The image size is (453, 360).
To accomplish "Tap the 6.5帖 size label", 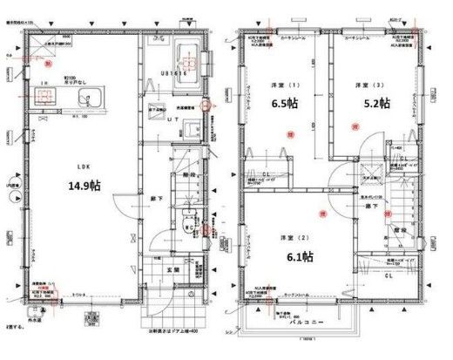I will coord(284,104).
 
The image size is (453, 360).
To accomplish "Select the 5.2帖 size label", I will coord(375,104).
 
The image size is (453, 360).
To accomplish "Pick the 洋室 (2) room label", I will coord(291,237).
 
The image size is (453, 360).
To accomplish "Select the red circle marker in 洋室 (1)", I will coord(288,132).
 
